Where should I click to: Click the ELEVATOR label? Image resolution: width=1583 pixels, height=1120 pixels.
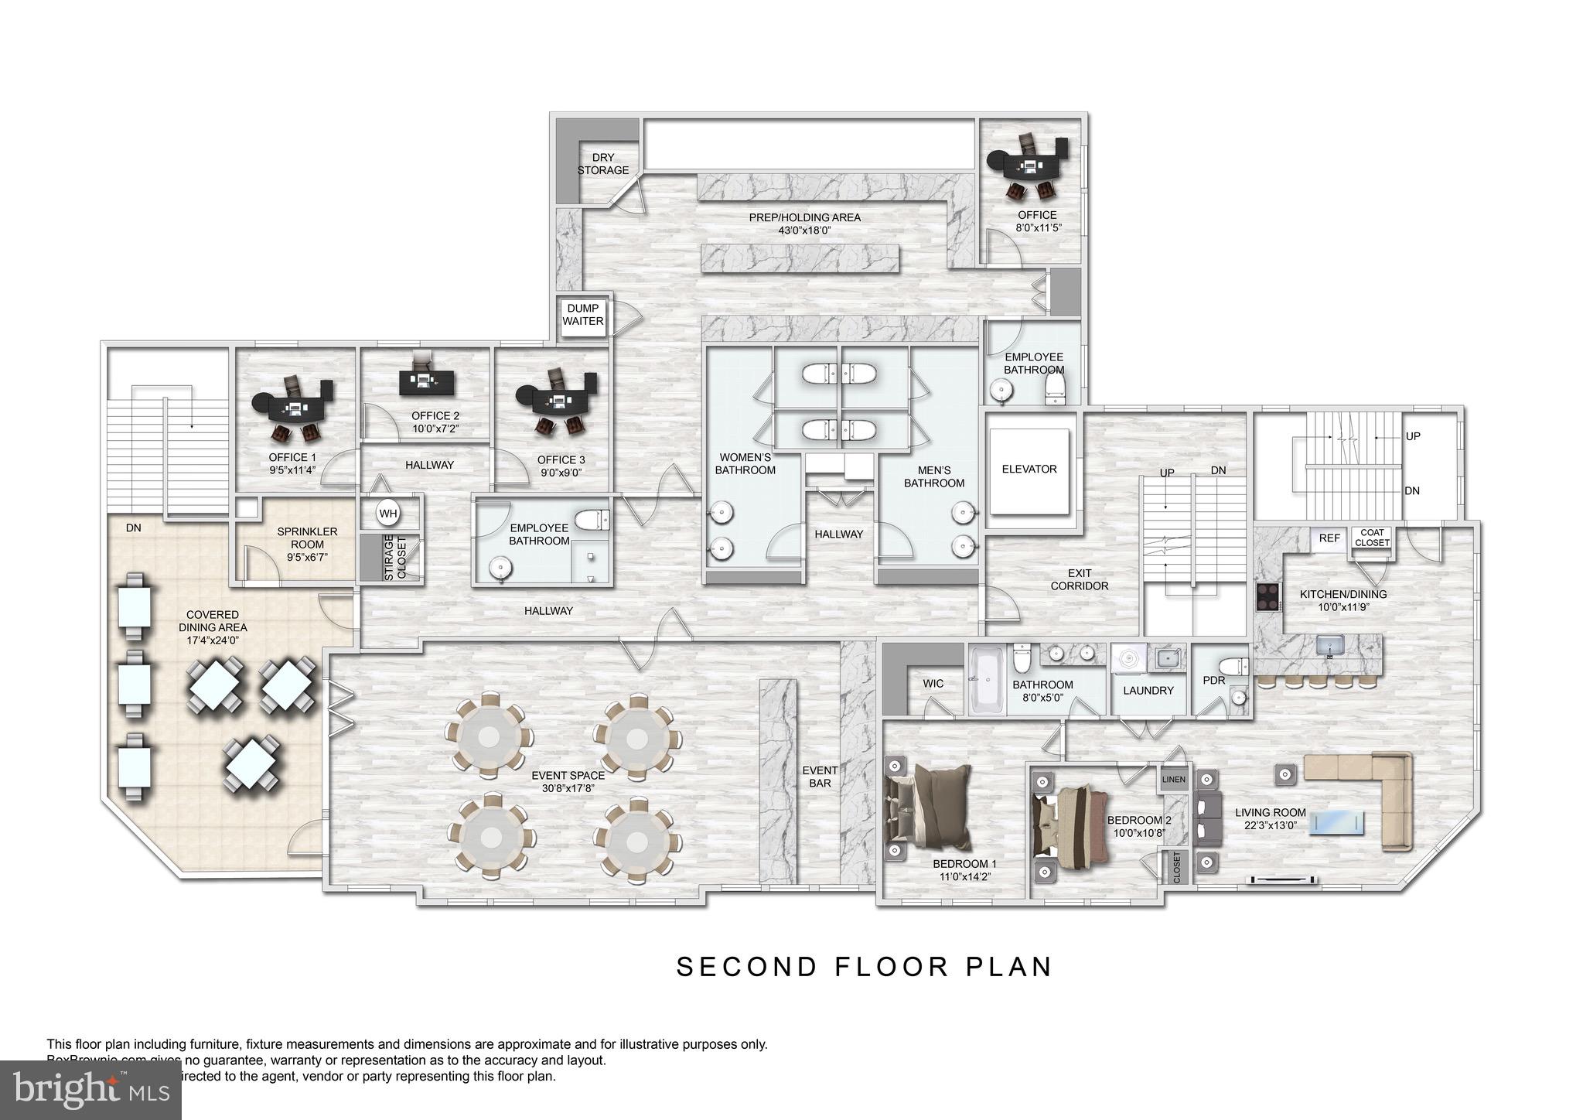pos(1029,470)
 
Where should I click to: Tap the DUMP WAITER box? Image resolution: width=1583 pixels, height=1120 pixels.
pos(583,315)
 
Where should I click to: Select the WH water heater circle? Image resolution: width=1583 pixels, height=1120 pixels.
pos(387,514)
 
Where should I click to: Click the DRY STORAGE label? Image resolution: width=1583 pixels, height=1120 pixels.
pos(603,164)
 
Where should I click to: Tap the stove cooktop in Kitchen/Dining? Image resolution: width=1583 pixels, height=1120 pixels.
pos(1267,597)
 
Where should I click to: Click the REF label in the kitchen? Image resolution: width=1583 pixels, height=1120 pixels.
pos(1329,538)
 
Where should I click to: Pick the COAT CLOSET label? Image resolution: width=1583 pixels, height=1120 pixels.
pos(1373,538)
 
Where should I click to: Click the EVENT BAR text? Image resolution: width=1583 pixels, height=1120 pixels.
pos(820,777)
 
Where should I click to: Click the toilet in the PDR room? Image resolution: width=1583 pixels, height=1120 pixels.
pos(1232,667)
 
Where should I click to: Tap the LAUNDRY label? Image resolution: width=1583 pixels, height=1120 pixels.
pos(1148,691)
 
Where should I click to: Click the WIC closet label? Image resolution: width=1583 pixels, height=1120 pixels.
pos(933,684)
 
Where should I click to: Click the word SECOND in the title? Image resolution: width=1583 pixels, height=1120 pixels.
pos(746,967)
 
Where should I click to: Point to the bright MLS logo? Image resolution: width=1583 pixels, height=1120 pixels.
pos(90,1091)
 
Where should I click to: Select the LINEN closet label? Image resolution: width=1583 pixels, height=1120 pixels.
pos(1173,780)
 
